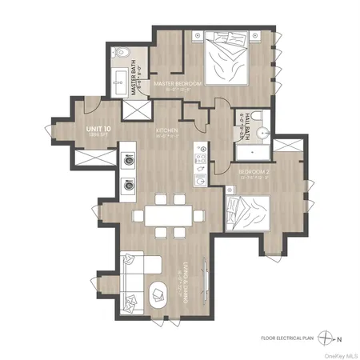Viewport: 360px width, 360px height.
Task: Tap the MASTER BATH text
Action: tap(136, 80)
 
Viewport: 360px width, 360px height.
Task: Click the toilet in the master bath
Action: tap(122, 55)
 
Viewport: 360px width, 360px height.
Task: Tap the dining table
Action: tap(164, 215)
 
